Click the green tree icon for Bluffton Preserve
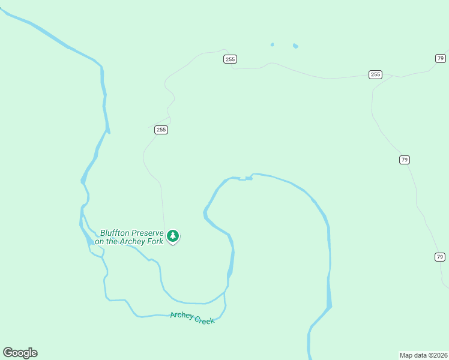(x=173, y=235)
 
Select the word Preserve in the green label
(x=147, y=233)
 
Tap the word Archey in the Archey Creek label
(x=181, y=316)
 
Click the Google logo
(x=20, y=353)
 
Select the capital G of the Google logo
(x=8, y=352)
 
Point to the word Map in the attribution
(x=406, y=355)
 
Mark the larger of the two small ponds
(x=295, y=46)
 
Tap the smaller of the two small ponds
(x=272, y=44)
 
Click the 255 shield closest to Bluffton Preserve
(x=160, y=130)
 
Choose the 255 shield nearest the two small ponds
(x=231, y=59)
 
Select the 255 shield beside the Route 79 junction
(x=375, y=74)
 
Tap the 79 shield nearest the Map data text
(x=440, y=257)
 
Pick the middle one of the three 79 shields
(x=404, y=160)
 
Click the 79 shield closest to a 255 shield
(x=440, y=58)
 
